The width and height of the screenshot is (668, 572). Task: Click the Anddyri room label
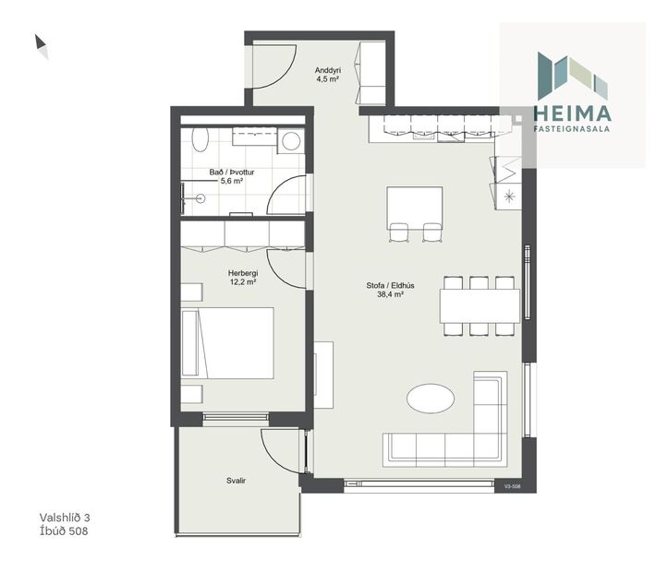(x=329, y=71)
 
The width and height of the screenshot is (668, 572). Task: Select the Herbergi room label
(x=242, y=273)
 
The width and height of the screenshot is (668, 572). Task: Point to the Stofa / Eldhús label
(x=390, y=285)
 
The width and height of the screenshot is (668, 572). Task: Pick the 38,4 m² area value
(x=390, y=295)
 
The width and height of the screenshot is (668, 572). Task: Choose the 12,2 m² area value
(x=242, y=282)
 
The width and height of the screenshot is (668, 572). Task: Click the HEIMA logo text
(x=573, y=114)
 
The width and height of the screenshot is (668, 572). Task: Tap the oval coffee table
(x=431, y=399)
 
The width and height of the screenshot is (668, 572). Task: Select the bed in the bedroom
(x=229, y=343)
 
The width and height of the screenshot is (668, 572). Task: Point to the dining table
(x=479, y=305)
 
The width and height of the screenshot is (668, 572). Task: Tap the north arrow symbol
(x=42, y=46)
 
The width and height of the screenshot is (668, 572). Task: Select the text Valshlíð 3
(x=70, y=518)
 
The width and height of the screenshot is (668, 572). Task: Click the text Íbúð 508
(x=65, y=531)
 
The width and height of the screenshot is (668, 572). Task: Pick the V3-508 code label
(x=514, y=485)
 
